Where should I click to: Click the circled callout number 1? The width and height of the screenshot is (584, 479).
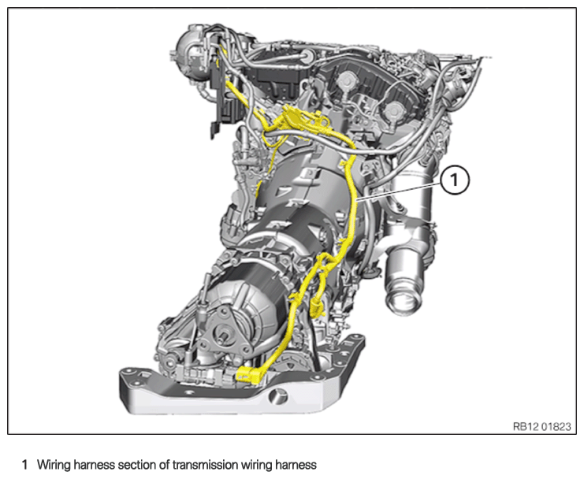pyautogui.click(x=454, y=180)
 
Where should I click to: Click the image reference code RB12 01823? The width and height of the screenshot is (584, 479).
pyautogui.click(x=541, y=426)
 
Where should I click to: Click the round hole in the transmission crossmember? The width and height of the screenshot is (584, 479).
pyautogui.click(x=277, y=395)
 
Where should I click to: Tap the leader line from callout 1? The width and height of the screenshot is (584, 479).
pyautogui.click(x=399, y=191)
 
